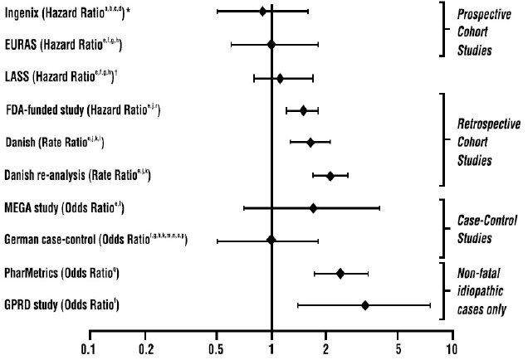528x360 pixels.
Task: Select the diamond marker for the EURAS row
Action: click(x=271, y=44)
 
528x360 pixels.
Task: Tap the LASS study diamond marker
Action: click(x=280, y=78)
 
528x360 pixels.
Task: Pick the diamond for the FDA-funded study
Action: click(x=303, y=109)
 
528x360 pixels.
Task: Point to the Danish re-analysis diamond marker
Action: click(x=330, y=175)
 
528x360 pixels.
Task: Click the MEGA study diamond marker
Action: click(x=313, y=207)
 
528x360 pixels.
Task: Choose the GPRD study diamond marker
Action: click(x=364, y=305)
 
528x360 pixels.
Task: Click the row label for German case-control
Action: click(x=95, y=240)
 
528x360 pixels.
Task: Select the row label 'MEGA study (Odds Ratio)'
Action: click(x=64, y=207)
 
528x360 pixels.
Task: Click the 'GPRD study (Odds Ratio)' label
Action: click(x=61, y=305)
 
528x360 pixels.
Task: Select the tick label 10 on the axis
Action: click(x=452, y=348)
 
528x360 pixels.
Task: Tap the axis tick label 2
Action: click(x=326, y=348)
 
